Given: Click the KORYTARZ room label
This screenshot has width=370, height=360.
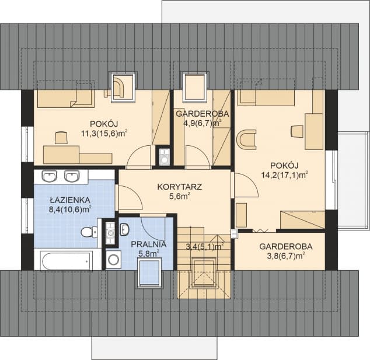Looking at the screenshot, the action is (x=179, y=187).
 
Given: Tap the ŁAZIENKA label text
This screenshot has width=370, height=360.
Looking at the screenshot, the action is (x=70, y=200).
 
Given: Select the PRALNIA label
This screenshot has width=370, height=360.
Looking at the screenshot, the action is (x=149, y=244).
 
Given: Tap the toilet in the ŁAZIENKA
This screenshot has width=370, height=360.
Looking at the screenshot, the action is (x=89, y=232).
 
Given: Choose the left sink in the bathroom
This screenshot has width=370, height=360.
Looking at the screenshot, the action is (x=50, y=176).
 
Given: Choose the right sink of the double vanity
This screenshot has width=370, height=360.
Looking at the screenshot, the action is (x=72, y=176).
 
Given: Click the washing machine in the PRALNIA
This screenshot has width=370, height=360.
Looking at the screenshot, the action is (x=113, y=260).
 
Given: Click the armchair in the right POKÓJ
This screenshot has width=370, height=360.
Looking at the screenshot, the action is (x=246, y=139).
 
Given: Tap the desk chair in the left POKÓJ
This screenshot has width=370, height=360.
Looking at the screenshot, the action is (x=62, y=138).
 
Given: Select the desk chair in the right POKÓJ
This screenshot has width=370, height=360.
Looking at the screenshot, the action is (x=297, y=131).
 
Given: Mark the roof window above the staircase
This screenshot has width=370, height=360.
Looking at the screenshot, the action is (x=204, y=273).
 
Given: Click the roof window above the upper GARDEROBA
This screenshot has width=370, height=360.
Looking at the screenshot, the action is (x=195, y=88).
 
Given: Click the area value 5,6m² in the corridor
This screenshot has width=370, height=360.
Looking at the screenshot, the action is (x=179, y=197).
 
